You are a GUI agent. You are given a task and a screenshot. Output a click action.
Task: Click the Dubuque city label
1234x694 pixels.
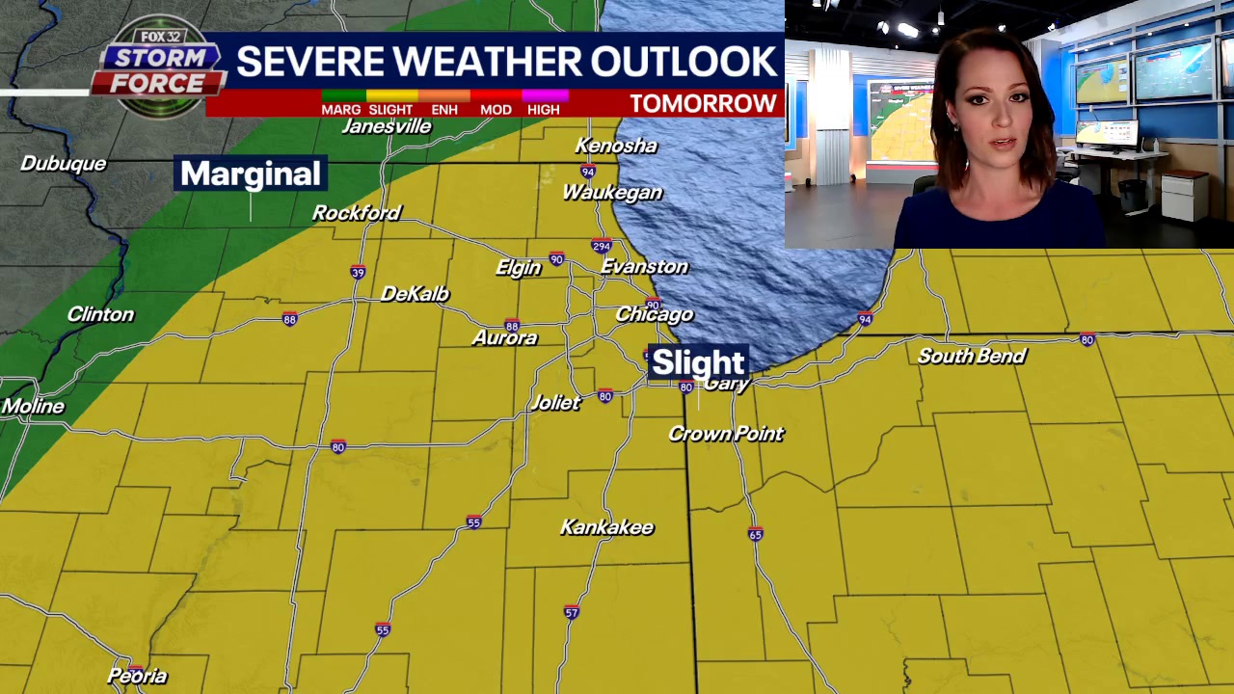point(63,164)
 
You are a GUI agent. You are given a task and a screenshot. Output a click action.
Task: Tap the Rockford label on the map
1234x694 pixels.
point(356,213)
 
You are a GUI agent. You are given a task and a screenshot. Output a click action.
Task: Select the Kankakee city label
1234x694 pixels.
point(607,527)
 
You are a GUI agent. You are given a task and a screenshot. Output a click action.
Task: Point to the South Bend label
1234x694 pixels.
point(972,356)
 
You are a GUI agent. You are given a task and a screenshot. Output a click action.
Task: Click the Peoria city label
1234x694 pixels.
point(137,676)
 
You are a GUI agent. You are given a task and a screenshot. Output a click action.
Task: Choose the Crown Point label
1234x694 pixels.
point(726,434)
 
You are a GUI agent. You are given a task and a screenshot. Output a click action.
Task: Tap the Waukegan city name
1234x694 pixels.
point(612,193)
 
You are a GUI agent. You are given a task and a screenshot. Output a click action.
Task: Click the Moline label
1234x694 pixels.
point(33,407)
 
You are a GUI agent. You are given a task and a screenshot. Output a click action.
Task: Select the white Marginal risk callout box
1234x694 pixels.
point(251,173)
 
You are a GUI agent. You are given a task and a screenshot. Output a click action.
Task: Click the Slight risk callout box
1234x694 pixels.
point(698,362)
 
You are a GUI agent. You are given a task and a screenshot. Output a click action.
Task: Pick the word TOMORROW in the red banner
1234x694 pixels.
point(703,104)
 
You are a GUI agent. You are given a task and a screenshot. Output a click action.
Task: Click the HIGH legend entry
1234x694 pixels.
point(544,109)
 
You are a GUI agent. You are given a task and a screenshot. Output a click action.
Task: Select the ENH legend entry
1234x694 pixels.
point(444,109)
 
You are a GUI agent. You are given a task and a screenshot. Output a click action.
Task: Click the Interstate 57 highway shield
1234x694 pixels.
point(572,612)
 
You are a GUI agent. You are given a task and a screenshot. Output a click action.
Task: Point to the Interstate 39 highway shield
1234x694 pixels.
point(358,273)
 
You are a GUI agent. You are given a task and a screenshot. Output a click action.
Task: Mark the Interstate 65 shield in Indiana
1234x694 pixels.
point(755,534)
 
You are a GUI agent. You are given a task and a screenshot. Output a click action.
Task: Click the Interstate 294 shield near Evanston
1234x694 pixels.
point(602,246)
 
